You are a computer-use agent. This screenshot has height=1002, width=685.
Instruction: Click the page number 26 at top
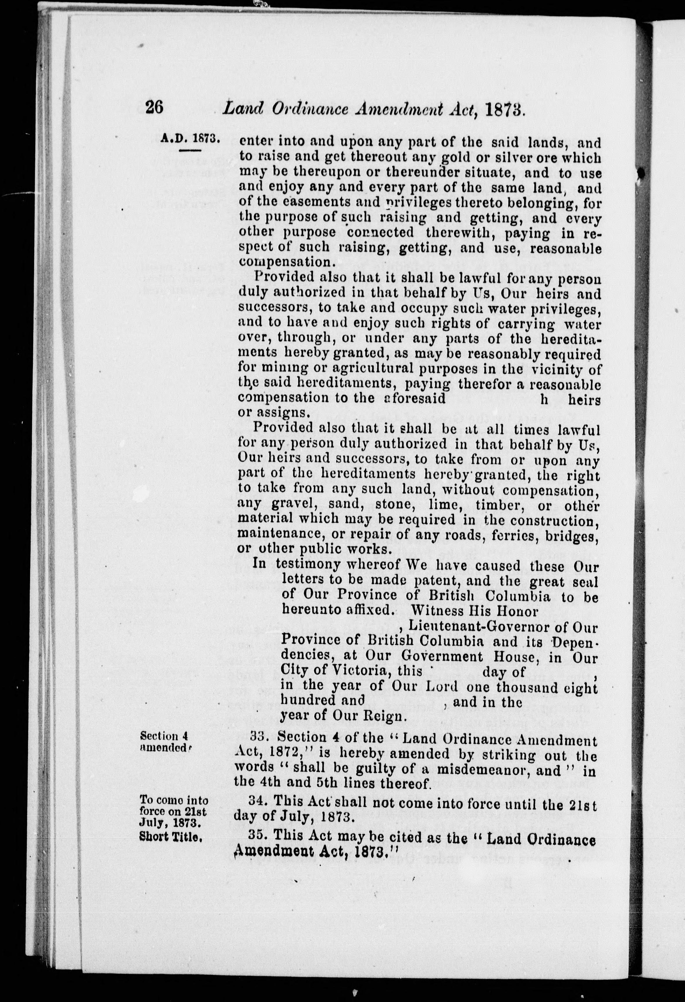154,107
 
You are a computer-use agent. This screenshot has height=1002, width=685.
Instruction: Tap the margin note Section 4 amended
165,742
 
